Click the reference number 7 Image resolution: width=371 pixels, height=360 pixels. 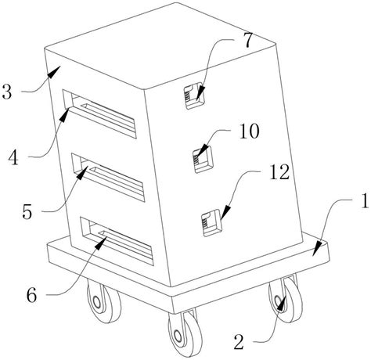[249, 40]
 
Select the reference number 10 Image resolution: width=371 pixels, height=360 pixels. [249, 131]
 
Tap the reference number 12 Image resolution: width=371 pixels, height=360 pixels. [279, 172]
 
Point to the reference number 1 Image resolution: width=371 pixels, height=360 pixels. [366, 200]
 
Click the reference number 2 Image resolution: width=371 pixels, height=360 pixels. [239, 342]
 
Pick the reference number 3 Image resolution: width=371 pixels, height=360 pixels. [6, 92]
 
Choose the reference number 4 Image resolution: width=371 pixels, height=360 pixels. [13, 157]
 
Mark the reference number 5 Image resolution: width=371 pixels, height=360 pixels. [27, 211]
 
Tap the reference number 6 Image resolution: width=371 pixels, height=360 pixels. [32, 295]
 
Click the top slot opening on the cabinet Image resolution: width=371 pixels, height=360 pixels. [99, 114]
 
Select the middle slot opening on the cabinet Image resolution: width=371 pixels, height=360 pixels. [108, 178]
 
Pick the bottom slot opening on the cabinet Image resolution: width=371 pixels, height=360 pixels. [117, 241]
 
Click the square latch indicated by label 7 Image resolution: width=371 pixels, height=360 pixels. [193, 95]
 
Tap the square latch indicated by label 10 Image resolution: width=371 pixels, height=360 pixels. [203, 159]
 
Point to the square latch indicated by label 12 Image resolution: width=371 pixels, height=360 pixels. [212, 223]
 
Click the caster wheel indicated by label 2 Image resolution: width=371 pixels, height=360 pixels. [286, 299]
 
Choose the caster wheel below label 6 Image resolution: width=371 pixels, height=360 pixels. [104, 301]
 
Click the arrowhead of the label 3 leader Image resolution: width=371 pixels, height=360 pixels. [54, 72]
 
